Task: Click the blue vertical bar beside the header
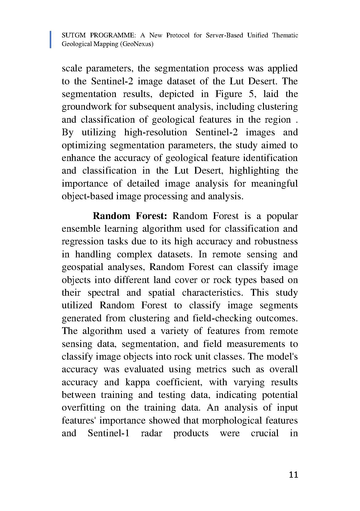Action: pos(50,40)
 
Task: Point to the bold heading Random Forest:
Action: pos(130,216)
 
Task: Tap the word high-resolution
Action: pos(155,132)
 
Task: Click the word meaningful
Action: pos(274,184)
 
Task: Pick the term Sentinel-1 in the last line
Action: pos(108,433)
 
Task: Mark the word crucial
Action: pos(265,433)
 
